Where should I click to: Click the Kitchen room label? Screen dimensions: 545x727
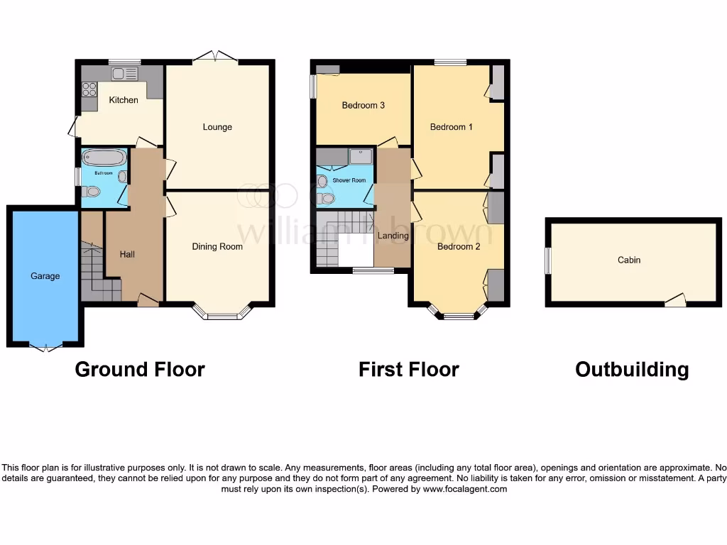click(x=124, y=100)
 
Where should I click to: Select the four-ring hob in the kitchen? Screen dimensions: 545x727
click(x=89, y=89)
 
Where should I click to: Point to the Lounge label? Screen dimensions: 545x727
click(x=217, y=127)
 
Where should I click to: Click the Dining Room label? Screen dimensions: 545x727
click(x=217, y=247)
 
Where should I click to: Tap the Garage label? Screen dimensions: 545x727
click(x=45, y=276)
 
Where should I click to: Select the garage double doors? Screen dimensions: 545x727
click(x=45, y=347)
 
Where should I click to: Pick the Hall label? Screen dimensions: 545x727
click(x=127, y=254)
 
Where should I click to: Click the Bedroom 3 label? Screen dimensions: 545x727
click(x=363, y=106)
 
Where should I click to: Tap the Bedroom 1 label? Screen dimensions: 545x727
click(x=452, y=127)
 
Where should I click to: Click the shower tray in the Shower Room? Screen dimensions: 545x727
click(x=361, y=156)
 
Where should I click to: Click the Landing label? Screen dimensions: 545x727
click(x=393, y=236)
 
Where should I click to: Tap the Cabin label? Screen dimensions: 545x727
click(x=629, y=260)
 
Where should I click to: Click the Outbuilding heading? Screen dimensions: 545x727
click(x=631, y=370)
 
